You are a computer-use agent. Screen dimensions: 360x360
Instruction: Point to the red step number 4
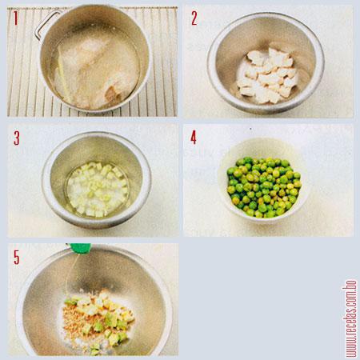pos(194,137)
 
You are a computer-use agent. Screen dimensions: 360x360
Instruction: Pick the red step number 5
pos(17,257)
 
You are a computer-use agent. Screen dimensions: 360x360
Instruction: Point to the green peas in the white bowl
pos(263,186)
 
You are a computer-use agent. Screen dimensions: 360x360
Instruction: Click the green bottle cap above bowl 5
pos(78,249)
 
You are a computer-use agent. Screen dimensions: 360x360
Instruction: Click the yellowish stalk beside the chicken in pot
pos(60,77)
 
